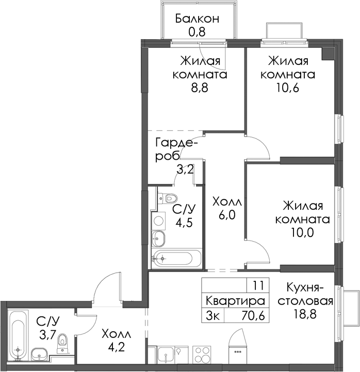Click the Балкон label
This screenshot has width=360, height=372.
(197, 19)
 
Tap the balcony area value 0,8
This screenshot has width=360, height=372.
(197, 32)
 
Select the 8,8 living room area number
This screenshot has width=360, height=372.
(200, 88)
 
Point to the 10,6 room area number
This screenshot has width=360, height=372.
(288, 88)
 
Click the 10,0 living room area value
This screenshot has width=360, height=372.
(302, 232)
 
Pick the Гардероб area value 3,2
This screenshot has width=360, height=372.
(185, 170)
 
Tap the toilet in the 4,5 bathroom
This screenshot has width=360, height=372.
(168, 198)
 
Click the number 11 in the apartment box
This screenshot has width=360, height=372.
(258, 285)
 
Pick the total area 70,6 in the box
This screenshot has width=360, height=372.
(253, 316)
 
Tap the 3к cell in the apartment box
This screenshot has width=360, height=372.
(213, 316)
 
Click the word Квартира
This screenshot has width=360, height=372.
(235, 301)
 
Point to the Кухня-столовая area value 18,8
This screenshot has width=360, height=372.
(305, 314)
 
